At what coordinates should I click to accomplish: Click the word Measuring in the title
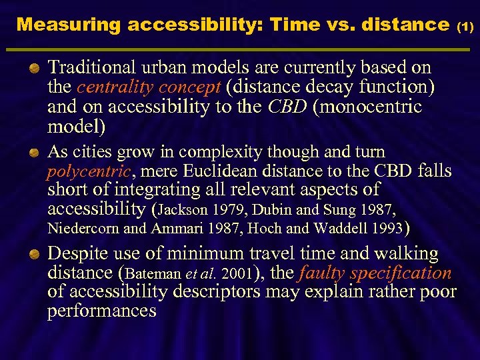tap(68, 25)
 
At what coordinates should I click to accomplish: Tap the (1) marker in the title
tap(465, 27)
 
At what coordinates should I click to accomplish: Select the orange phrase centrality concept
tap(149, 87)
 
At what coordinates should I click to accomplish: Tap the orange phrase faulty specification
tap(376, 273)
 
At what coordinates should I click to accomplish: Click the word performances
tap(101, 311)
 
